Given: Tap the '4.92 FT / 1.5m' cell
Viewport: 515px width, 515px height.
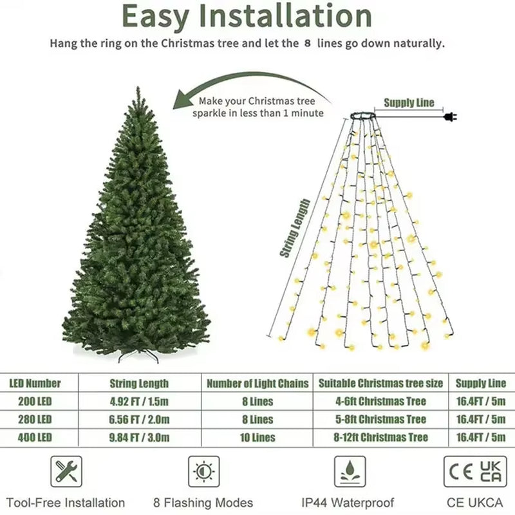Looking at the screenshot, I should [x=140, y=401].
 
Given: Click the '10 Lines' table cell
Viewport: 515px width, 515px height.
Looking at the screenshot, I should [x=257, y=438].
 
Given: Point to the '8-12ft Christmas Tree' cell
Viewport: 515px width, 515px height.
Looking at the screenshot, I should [x=381, y=438].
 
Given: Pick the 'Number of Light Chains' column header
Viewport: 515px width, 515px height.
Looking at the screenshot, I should [x=257, y=384].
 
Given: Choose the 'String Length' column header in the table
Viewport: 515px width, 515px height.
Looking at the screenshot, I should [x=140, y=384].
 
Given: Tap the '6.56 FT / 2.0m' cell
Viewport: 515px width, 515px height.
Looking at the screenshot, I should [x=140, y=420].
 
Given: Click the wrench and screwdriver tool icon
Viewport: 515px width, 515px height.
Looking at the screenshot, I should [x=66, y=472].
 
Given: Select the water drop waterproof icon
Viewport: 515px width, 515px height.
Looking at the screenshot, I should [x=350, y=472].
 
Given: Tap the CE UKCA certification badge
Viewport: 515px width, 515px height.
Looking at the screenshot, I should [x=475, y=472].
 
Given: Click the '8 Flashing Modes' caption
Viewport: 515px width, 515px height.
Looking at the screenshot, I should [x=203, y=503].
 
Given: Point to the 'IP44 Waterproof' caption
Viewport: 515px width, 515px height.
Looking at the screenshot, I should [x=348, y=503].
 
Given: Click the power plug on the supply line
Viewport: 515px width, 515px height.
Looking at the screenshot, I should [x=450, y=117].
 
